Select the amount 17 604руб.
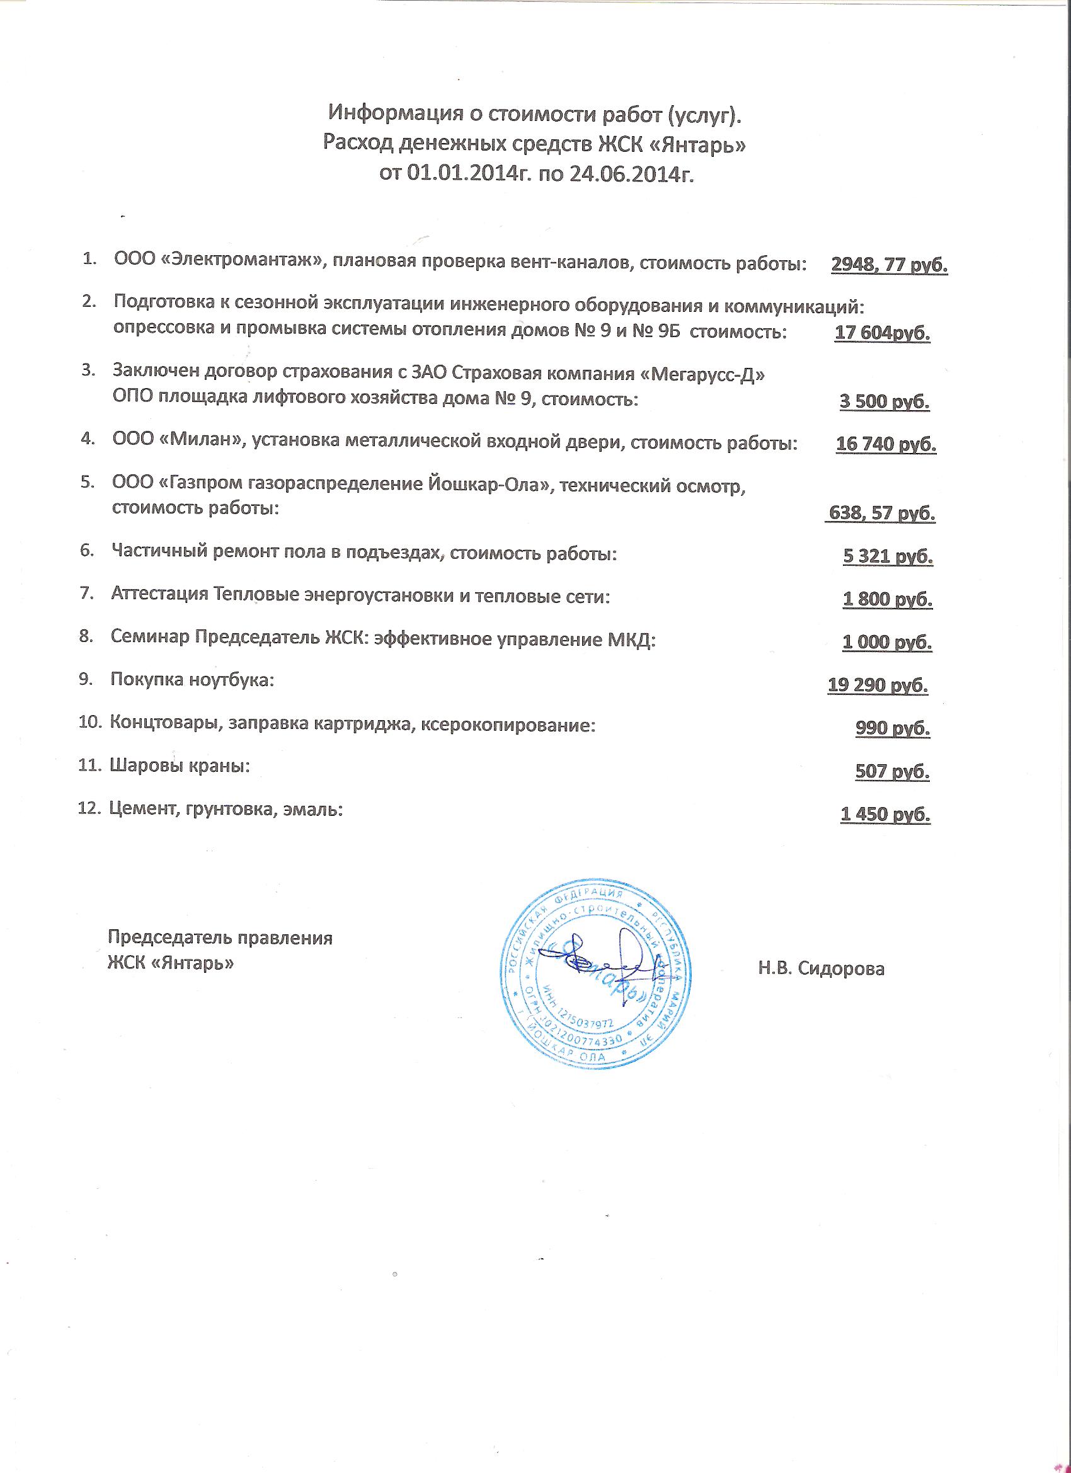pyautogui.click(x=882, y=333)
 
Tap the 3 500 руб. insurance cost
pyautogui.click(x=885, y=401)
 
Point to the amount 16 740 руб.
pyautogui.click(x=886, y=444)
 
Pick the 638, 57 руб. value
pyautogui.click(x=881, y=513)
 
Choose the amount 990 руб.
pyautogui.click(x=893, y=728)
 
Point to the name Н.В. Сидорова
pyautogui.click(x=821, y=969)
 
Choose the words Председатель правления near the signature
pyautogui.click(x=220, y=939)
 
